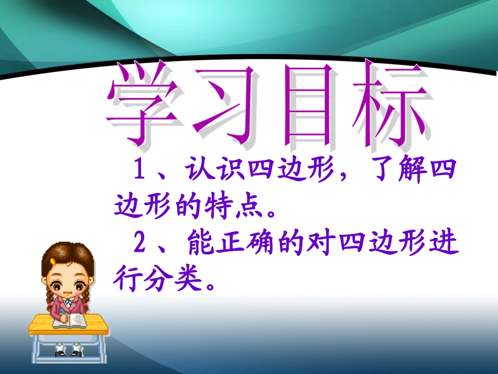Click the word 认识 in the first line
(x=214, y=171)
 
